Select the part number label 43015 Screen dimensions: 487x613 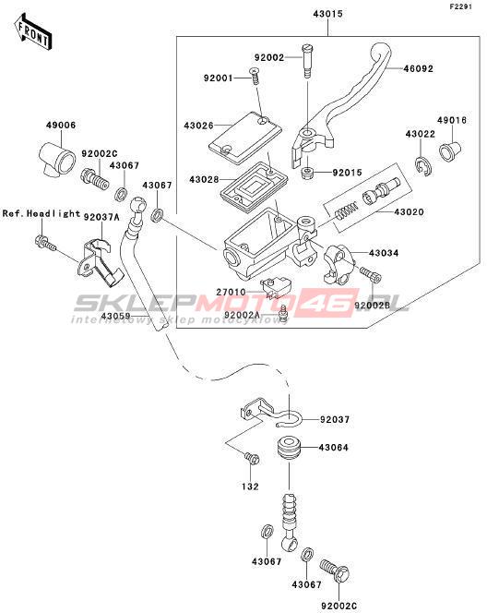coord(327,14)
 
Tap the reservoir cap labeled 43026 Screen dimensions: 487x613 coord(244,138)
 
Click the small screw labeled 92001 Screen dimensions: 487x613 coord(255,77)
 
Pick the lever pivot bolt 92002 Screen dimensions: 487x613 coord(307,61)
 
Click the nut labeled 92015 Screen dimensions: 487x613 coord(308,173)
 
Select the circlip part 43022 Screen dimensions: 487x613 coord(424,166)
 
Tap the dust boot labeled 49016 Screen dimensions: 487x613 coord(450,151)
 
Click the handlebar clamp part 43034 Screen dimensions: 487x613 coord(339,263)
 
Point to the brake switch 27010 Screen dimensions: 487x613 coord(276,285)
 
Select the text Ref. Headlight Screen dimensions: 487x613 coord(41,214)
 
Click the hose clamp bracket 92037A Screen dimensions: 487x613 coord(100,262)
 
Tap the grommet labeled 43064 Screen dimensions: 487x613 coord(288,448)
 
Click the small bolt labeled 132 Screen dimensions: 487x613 coord(252,458)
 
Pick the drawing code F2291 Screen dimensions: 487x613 coord(461,7)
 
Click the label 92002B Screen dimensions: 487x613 coord(373,305)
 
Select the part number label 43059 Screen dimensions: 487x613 coord(116,316)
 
